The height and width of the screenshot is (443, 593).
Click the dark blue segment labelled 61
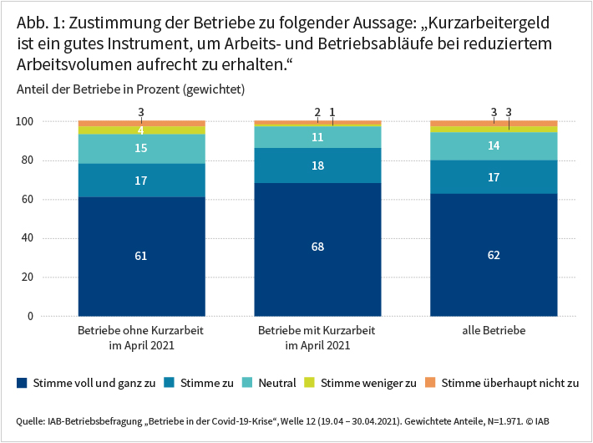point(140,257)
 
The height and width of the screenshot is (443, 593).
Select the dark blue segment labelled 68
point(317,247)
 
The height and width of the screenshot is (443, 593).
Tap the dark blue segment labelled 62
point(494,255)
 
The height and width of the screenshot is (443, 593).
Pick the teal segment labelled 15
point(140,148)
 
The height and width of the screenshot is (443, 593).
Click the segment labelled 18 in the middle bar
point(317,165)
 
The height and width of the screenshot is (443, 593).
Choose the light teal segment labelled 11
point(317,137)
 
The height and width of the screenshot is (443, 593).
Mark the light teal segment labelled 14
point(494,145)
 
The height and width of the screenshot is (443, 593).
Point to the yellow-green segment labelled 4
point(140,130)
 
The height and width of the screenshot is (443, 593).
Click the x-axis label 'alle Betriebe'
point(494,331)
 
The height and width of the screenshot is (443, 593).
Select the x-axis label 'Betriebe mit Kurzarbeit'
point(317,331)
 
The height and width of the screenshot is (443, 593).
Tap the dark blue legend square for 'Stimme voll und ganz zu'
point(22,384)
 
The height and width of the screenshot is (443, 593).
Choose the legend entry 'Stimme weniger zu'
point(368,384)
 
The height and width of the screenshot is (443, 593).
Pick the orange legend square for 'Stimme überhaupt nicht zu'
point(433,384)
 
